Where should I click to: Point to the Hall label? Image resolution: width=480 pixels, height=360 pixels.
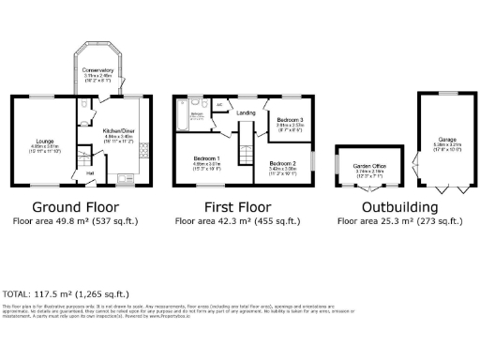(90, 172)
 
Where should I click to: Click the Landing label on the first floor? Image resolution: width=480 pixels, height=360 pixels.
(247, 113)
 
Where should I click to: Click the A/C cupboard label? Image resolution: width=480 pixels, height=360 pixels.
(218, 105)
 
